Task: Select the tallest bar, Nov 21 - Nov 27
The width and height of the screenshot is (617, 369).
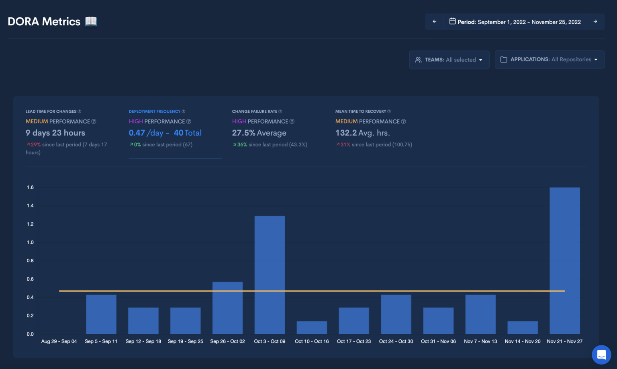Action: (564, 261)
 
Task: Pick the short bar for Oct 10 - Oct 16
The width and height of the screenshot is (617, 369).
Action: (312, 327)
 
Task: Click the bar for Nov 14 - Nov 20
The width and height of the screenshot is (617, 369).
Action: (522, 327)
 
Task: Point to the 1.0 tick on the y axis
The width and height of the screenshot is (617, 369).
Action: (30, 242)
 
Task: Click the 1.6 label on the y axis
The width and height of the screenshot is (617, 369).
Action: (30, 187)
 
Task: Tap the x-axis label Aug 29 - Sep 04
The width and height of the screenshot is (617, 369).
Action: (59, 341)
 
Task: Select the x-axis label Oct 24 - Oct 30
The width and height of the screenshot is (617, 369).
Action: (396, 341)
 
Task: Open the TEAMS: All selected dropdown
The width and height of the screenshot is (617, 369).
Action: (449, 60)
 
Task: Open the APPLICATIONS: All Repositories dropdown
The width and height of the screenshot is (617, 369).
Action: (549, 59)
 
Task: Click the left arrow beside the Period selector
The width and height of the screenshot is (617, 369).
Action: (434, 22)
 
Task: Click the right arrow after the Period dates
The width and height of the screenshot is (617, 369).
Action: (595, 22)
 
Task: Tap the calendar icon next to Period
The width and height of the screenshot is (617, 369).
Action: (452, 21)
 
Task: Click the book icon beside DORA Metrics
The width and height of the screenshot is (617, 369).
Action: (91, 22)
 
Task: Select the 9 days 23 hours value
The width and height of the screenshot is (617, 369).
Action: (55, 133)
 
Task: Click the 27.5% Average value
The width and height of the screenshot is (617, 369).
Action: (259, 133)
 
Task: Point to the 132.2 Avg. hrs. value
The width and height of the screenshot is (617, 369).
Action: (363, 133)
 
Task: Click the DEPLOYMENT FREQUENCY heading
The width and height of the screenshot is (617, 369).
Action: (155, 112)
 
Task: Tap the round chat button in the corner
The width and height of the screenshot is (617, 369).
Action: (601, 355)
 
